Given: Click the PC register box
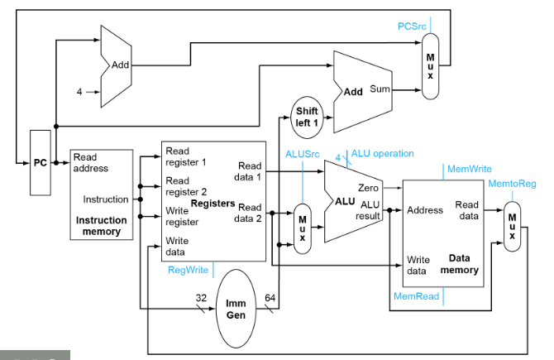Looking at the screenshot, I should [x=41, y=162].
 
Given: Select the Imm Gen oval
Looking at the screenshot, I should [x=236, y=309].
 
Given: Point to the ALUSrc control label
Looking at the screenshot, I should [x=302, y=154].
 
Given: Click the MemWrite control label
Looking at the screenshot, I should [x=469, y=169].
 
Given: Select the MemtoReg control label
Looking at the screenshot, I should [x=513, y=183].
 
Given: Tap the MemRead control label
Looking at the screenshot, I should [x=415, y=295].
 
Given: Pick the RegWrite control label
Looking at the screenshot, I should [x=189, y=270].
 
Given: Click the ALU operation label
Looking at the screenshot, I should [x=382, y=153].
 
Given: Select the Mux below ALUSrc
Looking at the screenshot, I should [x=303, y=226].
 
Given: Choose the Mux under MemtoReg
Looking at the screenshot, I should [x=513, y=223].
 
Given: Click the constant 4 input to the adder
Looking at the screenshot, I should [x=79, y=92].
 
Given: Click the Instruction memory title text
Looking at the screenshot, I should [x=102, y=226].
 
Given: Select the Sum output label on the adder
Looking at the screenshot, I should [x=380, y=89].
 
